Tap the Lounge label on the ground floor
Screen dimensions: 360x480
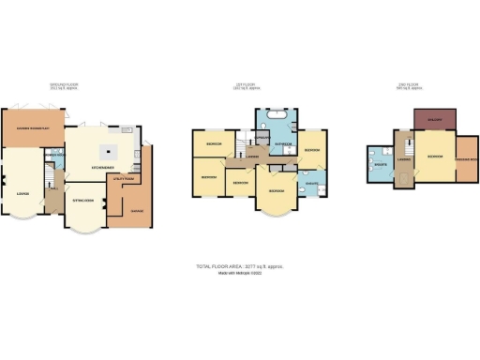coord(22,195)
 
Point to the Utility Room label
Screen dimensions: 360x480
coord(123,177)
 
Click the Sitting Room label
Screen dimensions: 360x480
coord(83,201)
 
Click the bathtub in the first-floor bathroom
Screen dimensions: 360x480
coord(277,120)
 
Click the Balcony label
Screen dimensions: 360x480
coord(435,121)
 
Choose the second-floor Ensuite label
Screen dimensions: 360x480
coord(382,162)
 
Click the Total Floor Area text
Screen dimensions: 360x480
coord(239,267)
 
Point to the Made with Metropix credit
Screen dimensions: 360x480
coord(239,274)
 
